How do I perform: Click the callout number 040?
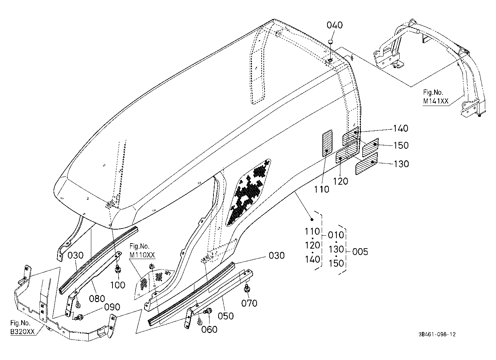point(335,25)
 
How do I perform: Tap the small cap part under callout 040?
point(331,41)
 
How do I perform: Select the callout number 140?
point(400,128)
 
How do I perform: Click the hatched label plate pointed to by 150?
point(370,146)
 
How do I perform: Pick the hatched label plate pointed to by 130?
point(367,163)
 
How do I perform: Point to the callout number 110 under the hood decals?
point(322,189)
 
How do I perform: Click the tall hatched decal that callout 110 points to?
point(327,143)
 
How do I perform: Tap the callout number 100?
point(118,285)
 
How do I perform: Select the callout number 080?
point(97,299)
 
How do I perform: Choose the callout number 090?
point(112,307)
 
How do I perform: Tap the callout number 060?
point(209,329)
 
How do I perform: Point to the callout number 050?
point(226,316)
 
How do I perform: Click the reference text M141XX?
point(436,101)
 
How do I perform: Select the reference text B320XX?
point(22,332)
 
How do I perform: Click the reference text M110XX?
point(142,255)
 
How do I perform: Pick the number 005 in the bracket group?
point(360,252)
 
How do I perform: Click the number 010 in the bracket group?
point(336,235)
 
